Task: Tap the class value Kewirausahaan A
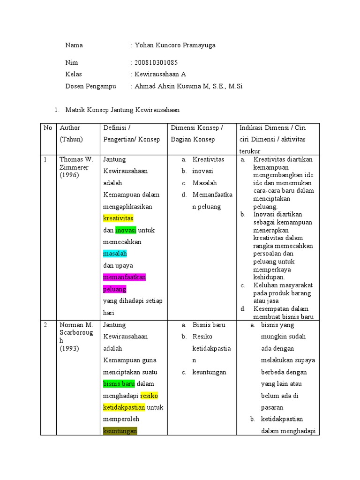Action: [x=160, y=74]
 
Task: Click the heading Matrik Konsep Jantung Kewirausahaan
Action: [x=122, y=110]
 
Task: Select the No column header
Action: [x=48, y=128]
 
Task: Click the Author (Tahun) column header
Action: [x=70, y=134]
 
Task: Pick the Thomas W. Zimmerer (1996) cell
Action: [x=76, y=167]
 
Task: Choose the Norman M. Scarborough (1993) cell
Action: [x=76, y=337]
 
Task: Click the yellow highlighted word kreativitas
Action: [x=118, y=218]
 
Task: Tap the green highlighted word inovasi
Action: [x=126, y=230]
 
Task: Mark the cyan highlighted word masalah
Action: [x=115, y=254]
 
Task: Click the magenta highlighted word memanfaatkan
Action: [x=125, y=277]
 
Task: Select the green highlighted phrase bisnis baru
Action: [x=119, y=384]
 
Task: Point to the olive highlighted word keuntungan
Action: [x=120, y=431]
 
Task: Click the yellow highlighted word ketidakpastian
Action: [x=124, y=407]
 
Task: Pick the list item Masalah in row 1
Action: [x=204, y=183]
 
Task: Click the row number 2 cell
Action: [x=46, y=325]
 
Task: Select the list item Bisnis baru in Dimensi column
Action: [x=209, y=325]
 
